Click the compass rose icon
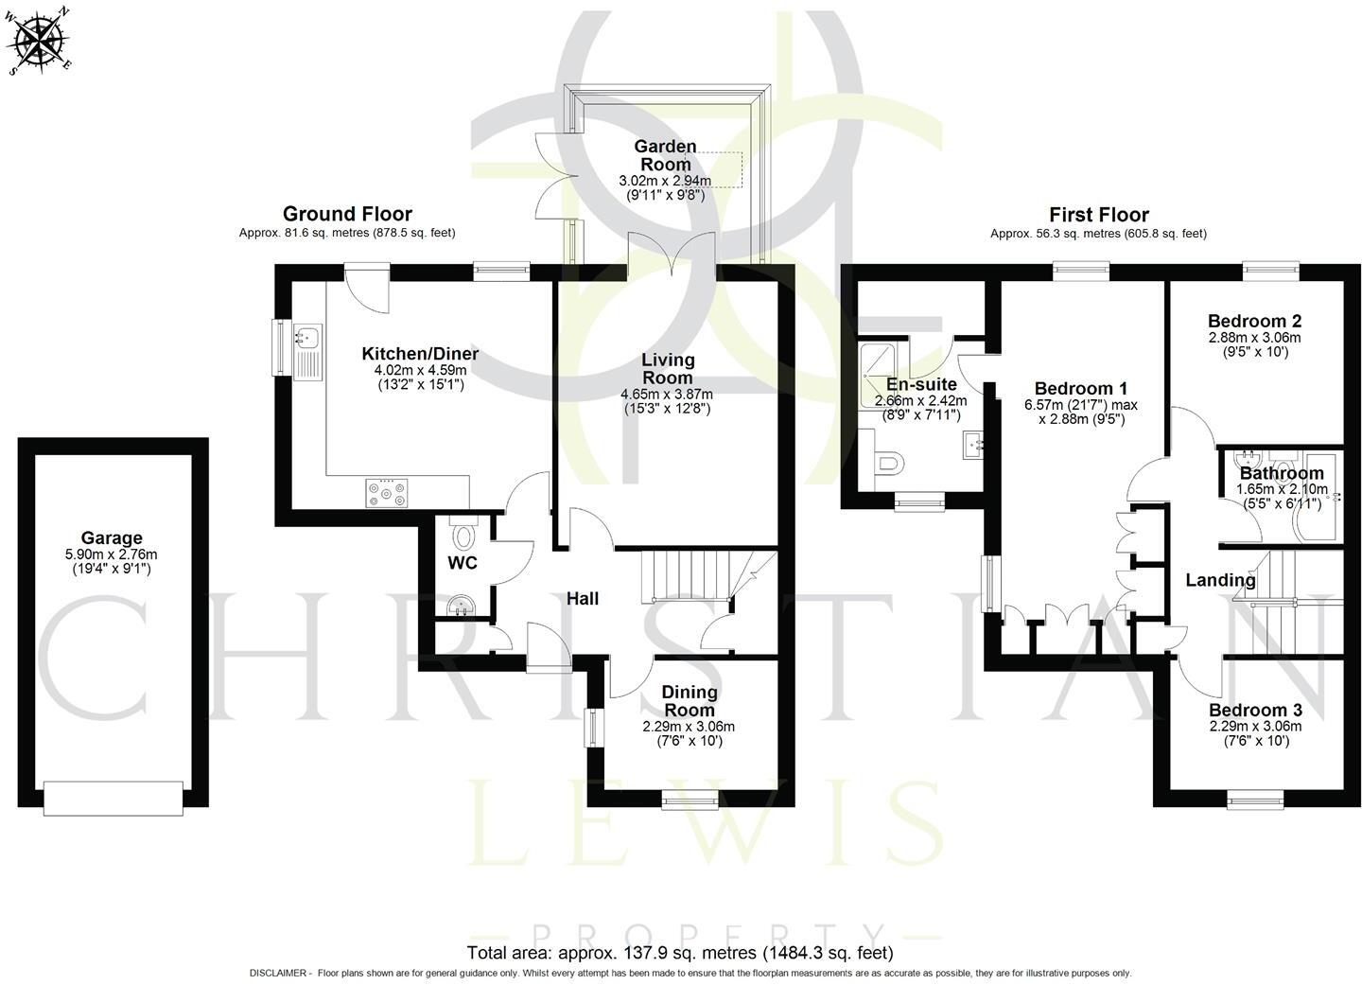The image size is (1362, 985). point(39,40)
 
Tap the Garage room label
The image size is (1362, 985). point(112,538)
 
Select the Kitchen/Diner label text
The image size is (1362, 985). point(420,354)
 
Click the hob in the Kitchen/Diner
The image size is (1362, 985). point(388,492)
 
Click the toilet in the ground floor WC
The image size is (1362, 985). point(463,536)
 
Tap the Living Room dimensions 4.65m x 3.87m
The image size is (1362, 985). point(667,395)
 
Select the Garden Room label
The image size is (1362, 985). point(665,155)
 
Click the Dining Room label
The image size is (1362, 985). point(689,701)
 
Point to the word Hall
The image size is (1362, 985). point(583,598)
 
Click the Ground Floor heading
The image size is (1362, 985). point(347,214)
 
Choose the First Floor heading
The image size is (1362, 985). point(1098,215)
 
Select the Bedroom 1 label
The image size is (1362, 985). point(1081,388)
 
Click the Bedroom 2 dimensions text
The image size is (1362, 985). point(1255,344)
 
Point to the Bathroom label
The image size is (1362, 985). point(1282,473)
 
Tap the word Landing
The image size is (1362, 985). point(1220,580)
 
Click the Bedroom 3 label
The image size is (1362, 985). point(1255,711)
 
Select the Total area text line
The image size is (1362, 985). point(680,952)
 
